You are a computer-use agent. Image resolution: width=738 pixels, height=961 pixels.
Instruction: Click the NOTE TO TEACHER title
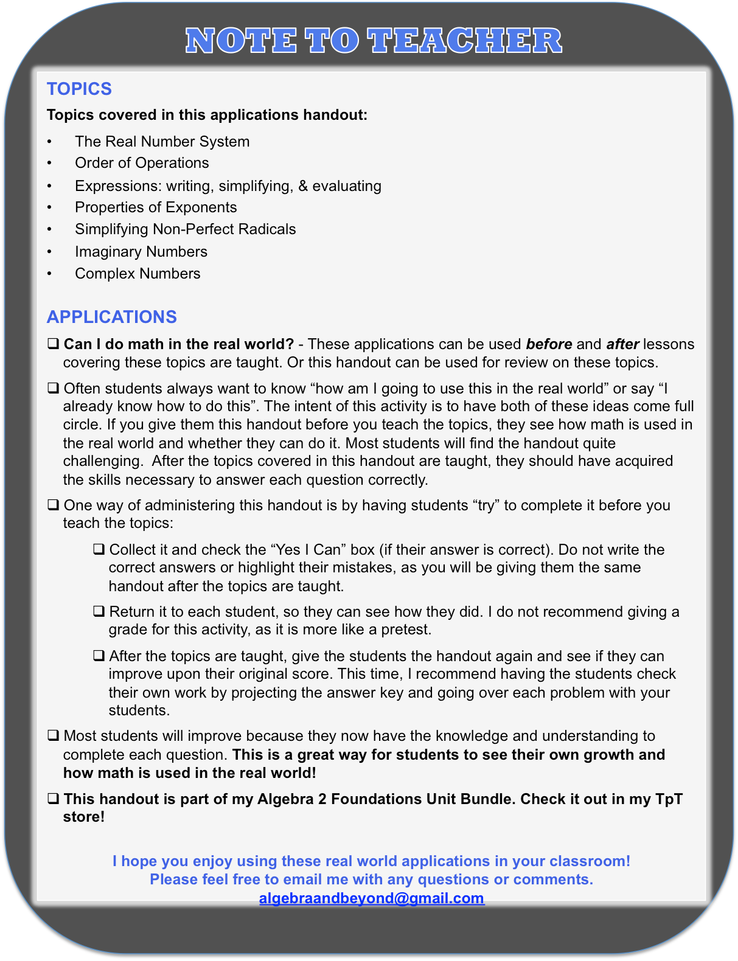click(x=374, y=41)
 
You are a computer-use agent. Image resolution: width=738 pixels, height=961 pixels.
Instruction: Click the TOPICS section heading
click(x=79, y=89)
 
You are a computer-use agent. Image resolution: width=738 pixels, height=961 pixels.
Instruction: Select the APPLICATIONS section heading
click(x=111, y=317)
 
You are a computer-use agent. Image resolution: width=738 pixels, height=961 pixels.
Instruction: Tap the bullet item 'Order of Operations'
click(x=142, y=163)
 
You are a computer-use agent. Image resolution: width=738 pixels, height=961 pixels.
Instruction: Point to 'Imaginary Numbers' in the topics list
click(x=141, y=252)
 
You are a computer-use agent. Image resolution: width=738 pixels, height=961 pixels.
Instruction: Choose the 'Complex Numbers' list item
click(x=138, y=274)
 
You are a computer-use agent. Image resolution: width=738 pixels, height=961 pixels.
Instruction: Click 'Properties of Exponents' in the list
click(x=156, y=207)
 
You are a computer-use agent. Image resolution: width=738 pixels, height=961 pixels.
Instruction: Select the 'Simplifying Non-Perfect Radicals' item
click(x=186, y=229)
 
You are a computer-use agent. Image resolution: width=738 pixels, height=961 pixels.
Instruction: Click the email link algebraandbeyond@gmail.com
click(x=372, y=898)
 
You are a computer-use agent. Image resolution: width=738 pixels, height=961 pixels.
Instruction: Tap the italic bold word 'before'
click(x=549, y=344)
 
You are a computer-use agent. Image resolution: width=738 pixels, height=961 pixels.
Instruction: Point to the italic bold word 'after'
click(x=622, y=344)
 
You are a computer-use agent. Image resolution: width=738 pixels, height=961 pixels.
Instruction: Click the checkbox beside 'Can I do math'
click(x=54, y=344)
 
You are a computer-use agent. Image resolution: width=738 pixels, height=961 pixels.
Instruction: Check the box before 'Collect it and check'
click(x=99, y=549)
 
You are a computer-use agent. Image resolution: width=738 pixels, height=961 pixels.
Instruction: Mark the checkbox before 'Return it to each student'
click(x=99, y=611)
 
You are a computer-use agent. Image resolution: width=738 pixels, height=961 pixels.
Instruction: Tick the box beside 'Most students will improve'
click(x=54, y=735)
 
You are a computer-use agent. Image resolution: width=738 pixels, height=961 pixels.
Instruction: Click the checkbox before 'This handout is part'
click(x=54, y=799)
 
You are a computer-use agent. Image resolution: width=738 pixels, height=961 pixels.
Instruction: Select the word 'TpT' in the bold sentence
click(x=669, y=799)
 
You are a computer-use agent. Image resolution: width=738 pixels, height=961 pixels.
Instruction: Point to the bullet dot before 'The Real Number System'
click(x=50, y=142)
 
